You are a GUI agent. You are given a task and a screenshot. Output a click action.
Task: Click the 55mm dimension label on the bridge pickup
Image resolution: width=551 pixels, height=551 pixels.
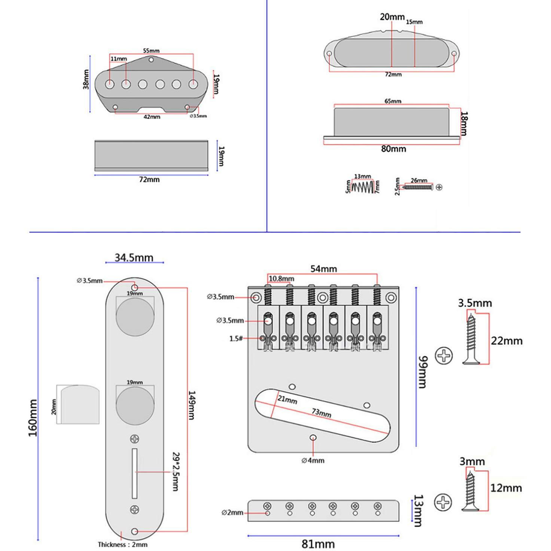point(151,51)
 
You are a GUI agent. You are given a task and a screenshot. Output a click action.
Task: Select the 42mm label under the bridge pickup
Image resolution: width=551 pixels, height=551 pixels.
point(152,117)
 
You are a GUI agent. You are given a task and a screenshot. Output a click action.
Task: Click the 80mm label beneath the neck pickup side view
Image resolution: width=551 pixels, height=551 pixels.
point(393,149)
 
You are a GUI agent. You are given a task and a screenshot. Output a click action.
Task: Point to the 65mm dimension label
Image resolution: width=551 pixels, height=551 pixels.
point(393,101)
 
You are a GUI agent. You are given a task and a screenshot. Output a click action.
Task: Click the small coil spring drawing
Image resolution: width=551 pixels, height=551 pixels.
point(363,186)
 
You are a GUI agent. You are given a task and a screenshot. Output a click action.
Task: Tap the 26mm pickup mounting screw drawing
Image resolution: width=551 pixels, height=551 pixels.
point(418,187)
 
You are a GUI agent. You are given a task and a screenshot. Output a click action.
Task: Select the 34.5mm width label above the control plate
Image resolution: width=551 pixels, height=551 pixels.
point(134,258)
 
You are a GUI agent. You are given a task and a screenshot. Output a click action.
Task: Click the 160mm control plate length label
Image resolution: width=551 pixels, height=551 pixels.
point(33,417)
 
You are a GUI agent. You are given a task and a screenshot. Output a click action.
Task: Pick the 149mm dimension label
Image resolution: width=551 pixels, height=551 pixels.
point(191,405)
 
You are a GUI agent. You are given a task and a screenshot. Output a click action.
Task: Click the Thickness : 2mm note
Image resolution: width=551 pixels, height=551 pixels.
point(122,545)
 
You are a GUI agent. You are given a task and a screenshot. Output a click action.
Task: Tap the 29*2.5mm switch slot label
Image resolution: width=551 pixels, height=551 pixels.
point(175,472)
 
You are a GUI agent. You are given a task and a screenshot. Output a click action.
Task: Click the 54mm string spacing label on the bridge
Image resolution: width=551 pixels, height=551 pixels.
point(323,269)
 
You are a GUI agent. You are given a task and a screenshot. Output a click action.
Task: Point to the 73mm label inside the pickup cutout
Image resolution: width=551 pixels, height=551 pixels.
point(322,413)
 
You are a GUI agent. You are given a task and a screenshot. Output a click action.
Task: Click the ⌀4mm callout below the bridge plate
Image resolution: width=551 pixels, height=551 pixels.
point(313,460)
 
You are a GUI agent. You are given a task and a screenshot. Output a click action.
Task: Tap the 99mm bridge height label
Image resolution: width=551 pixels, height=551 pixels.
point(422,372)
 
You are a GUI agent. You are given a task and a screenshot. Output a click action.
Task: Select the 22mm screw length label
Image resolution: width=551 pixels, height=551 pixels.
point(506,341)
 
